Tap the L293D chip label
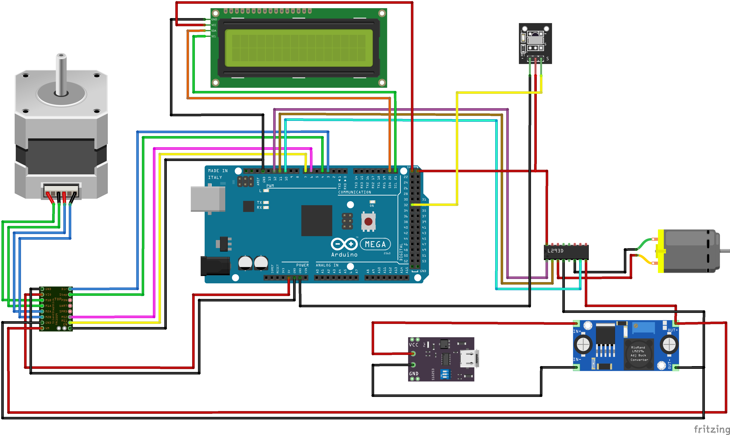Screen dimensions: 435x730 point(555,251)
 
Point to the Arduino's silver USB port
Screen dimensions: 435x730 point(208,199)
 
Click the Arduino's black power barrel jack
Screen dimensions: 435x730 point(215,266)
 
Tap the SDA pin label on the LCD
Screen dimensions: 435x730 point(214,31)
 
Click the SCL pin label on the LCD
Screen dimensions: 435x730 point(214,36)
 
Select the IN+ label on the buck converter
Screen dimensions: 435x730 point(577,331)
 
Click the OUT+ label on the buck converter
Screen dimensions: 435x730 point(672,330)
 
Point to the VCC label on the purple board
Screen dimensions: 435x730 point(414,345)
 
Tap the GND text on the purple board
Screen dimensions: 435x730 point(414,374)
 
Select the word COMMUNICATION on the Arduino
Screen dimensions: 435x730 point(354,192)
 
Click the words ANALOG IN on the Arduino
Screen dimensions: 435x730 point(327,265)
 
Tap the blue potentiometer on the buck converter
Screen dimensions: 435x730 point(643,327)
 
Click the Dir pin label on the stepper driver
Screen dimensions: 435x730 point(64,289)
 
